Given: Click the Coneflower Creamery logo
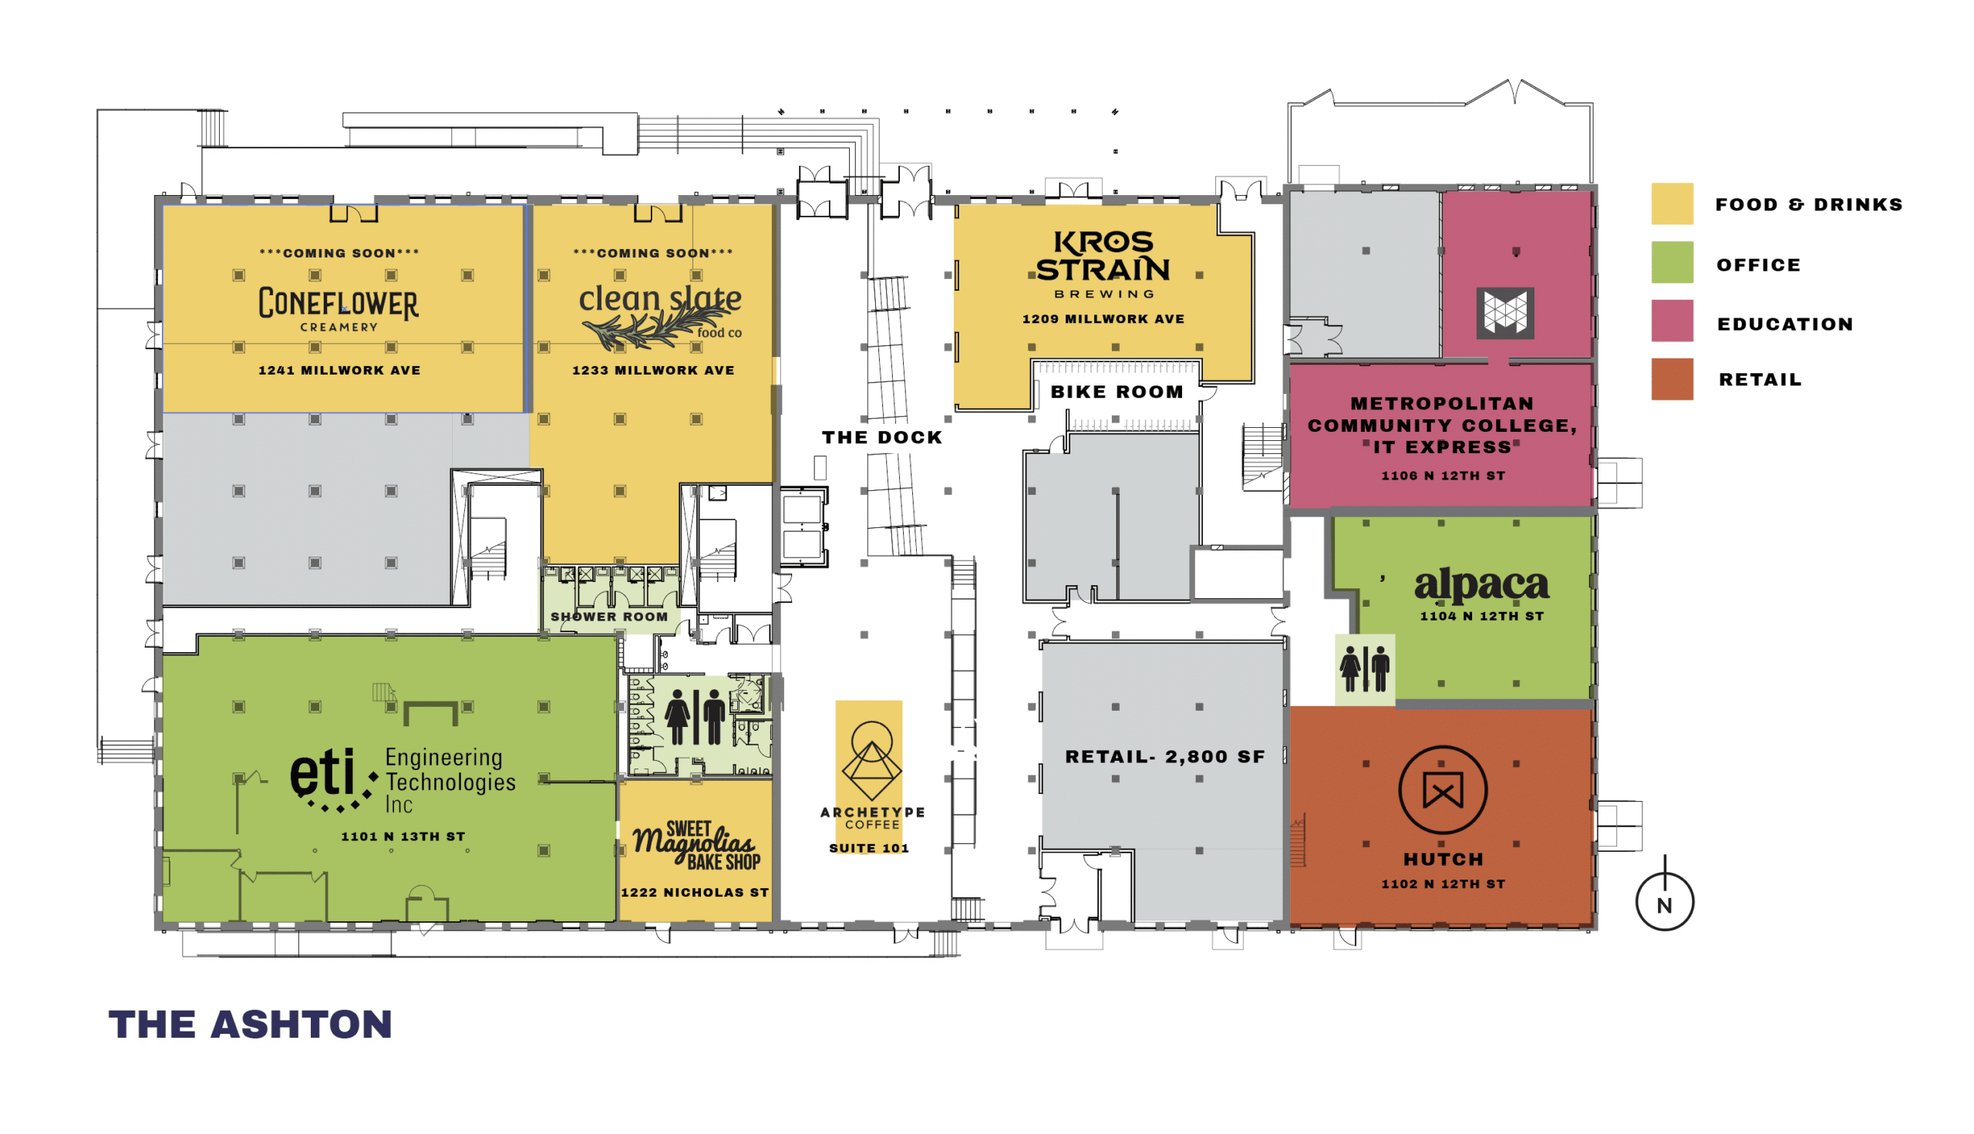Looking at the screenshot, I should click(x=338, y=308).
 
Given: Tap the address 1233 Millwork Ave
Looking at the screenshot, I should click(x=653, y=371).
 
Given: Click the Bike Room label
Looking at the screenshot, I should click(x=1117, y=392).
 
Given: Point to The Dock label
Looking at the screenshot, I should click(x=882, y=438).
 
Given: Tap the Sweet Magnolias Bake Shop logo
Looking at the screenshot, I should click(x=696, y=845).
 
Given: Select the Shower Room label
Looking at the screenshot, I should click(x=609, y=617).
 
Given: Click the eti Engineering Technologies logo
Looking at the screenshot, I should click(x=403, y=779).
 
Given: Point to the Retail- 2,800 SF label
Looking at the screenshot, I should click(x=1164, y=757).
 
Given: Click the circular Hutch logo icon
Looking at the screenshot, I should click(x=1443, y=790).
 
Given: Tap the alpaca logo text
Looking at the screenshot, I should click(x=1481, y=586).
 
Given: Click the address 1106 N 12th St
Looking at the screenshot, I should click(x=1443, y=476).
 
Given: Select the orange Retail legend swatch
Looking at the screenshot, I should click(x=1672, y=379).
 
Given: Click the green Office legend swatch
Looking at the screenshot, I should click(x=1672, y=262).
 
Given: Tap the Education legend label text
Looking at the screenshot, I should click(x=1785, y=324).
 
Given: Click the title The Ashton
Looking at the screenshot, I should click(x=250, y=1025).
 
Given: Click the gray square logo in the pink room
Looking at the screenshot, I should click(x=1504, y=313).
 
